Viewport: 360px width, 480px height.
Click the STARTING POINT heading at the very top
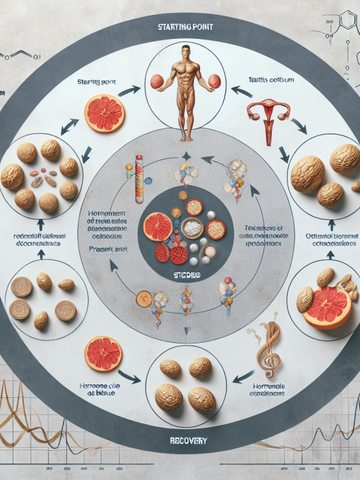click(179, 28)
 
